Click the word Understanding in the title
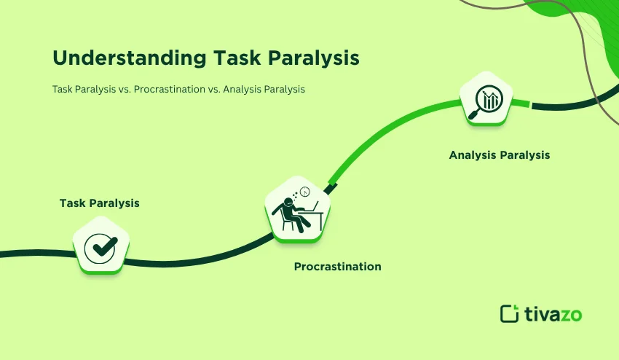click(x=129, y=58)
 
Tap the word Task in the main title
click(x=237, y=58)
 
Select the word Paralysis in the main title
click(x=313, y=58)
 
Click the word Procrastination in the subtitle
click(x=170, y=90)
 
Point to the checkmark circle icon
click(x=100, y=249)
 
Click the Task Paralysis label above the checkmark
click(x=100, y=203)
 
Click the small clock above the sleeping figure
click(x=304, y=192)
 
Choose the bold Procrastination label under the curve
click(x=337, y=267)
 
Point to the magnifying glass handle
click(x=473, y=114)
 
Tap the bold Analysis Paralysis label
click(x=500, y=155)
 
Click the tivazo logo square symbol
click(x=509, y=314)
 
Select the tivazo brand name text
click(x=553, y=314)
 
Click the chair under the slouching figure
click(x=288, y=222)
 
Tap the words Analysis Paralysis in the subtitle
click(x=264, y=90)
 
